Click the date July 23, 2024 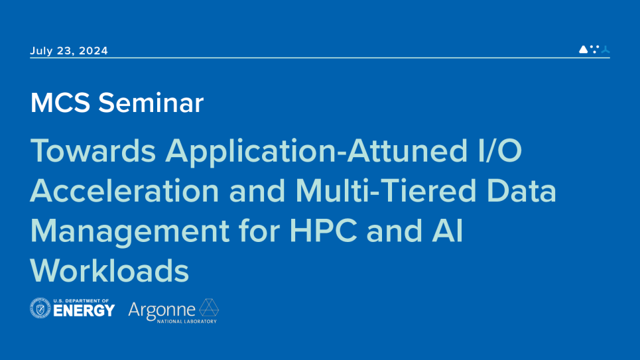(69, 50)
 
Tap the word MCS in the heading (60, 103)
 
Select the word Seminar (151, 103)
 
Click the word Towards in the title (93, 150)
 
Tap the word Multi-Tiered (385, 191)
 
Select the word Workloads (109, 270)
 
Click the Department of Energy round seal (40, 308)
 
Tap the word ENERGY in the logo (84, 311)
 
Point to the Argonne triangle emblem (209, 307)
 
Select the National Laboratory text (187, 322)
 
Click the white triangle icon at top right (584, 49)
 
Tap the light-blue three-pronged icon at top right (606, 49)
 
